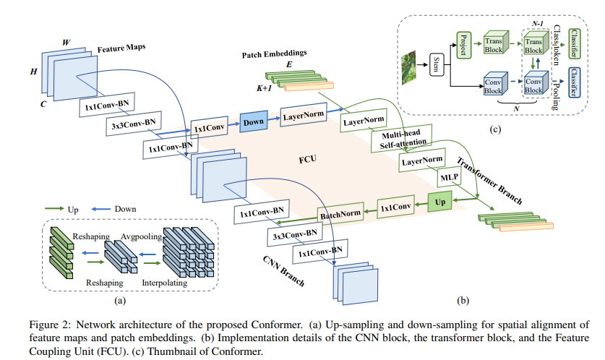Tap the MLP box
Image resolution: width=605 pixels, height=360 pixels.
coord(447,176)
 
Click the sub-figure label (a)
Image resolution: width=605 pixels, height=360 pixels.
coord(121,299)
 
